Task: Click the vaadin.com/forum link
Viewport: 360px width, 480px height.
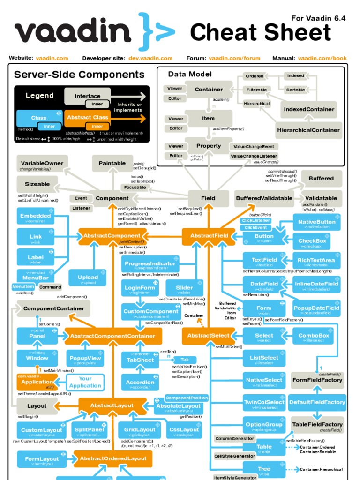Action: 234,58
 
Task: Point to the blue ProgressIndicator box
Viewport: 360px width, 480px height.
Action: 150,263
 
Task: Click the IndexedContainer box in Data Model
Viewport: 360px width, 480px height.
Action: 308,109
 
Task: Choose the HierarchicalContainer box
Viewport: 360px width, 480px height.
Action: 308,130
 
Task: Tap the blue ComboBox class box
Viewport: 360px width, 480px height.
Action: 314,336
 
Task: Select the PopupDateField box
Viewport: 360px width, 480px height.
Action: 316,308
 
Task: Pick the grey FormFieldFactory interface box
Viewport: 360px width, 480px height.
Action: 317,380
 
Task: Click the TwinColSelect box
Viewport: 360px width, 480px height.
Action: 264,402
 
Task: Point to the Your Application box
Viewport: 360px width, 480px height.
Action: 85,382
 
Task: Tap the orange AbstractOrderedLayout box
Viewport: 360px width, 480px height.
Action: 113,458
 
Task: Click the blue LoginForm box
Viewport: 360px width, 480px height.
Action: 140,288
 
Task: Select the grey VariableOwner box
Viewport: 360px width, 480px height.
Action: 42,164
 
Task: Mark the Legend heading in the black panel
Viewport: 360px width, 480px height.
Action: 39,96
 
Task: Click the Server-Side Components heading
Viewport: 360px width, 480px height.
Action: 79,75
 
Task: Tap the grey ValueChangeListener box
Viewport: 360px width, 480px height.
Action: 254,156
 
